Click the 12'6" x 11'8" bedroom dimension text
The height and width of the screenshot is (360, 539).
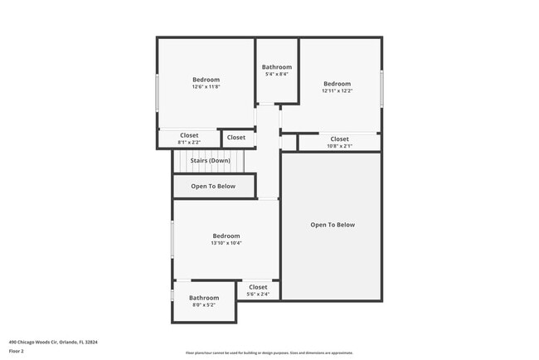pyautogui.click(x=206, y=87)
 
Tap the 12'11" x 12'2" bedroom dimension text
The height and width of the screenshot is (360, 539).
pyautogui.click(x=337, y=91)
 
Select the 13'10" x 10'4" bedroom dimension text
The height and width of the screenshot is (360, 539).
pyautogui.click(x=226, y=243)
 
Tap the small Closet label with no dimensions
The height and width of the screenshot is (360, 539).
pyautogui.click(x=236, y=138)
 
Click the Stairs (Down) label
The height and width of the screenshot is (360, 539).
pyautogui.click(x=204, y=160)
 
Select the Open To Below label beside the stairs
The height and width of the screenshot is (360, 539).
pyautogui.click(x=213, y=187)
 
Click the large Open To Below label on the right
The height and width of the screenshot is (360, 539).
pyautogui.click(x=333, y=225)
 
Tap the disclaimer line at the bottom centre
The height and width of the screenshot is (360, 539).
pyautogui.click(x=269, y=353)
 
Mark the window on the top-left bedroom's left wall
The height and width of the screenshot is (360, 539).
pyautogui.click(x=157, y=93)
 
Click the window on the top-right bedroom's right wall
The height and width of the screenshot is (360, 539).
pyautogui.click(x=381, y=88)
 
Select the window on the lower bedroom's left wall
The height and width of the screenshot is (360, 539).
pyautogui.click(x=172, y=240)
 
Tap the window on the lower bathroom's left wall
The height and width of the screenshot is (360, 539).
pyautogui.click(x=172, y=295)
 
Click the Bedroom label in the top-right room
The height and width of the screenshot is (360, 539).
pyautogui.click(x=337, y=84)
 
